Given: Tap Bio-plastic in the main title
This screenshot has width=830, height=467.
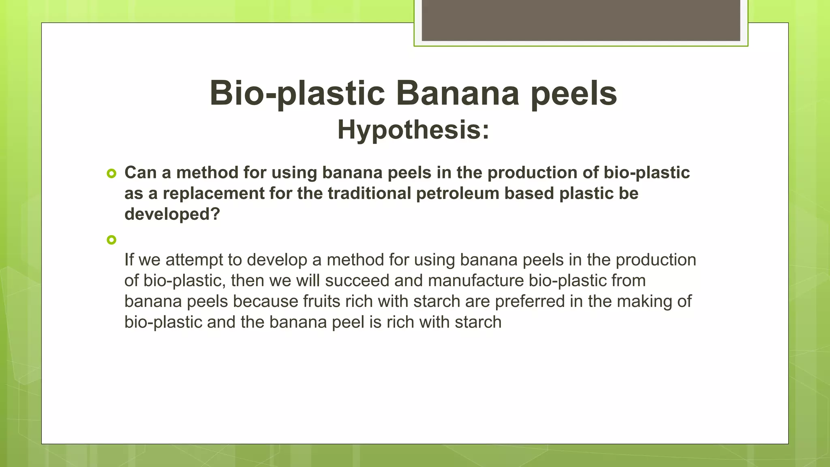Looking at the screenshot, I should coord(297,93).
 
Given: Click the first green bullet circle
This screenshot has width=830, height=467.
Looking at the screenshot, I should coord(111,174).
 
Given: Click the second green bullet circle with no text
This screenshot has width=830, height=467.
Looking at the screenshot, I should coord(111,240).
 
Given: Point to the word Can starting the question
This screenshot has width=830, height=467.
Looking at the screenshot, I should coord(140,173).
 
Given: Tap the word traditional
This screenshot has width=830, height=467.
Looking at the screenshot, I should coord(369,193).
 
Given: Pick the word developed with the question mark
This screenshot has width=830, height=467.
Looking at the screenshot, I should coord(172,214).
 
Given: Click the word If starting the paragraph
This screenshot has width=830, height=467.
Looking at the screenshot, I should coord(128,260).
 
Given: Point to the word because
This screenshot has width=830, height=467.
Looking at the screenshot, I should coord(265,302).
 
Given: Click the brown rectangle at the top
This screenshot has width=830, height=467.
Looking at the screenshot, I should coord(581,20).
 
